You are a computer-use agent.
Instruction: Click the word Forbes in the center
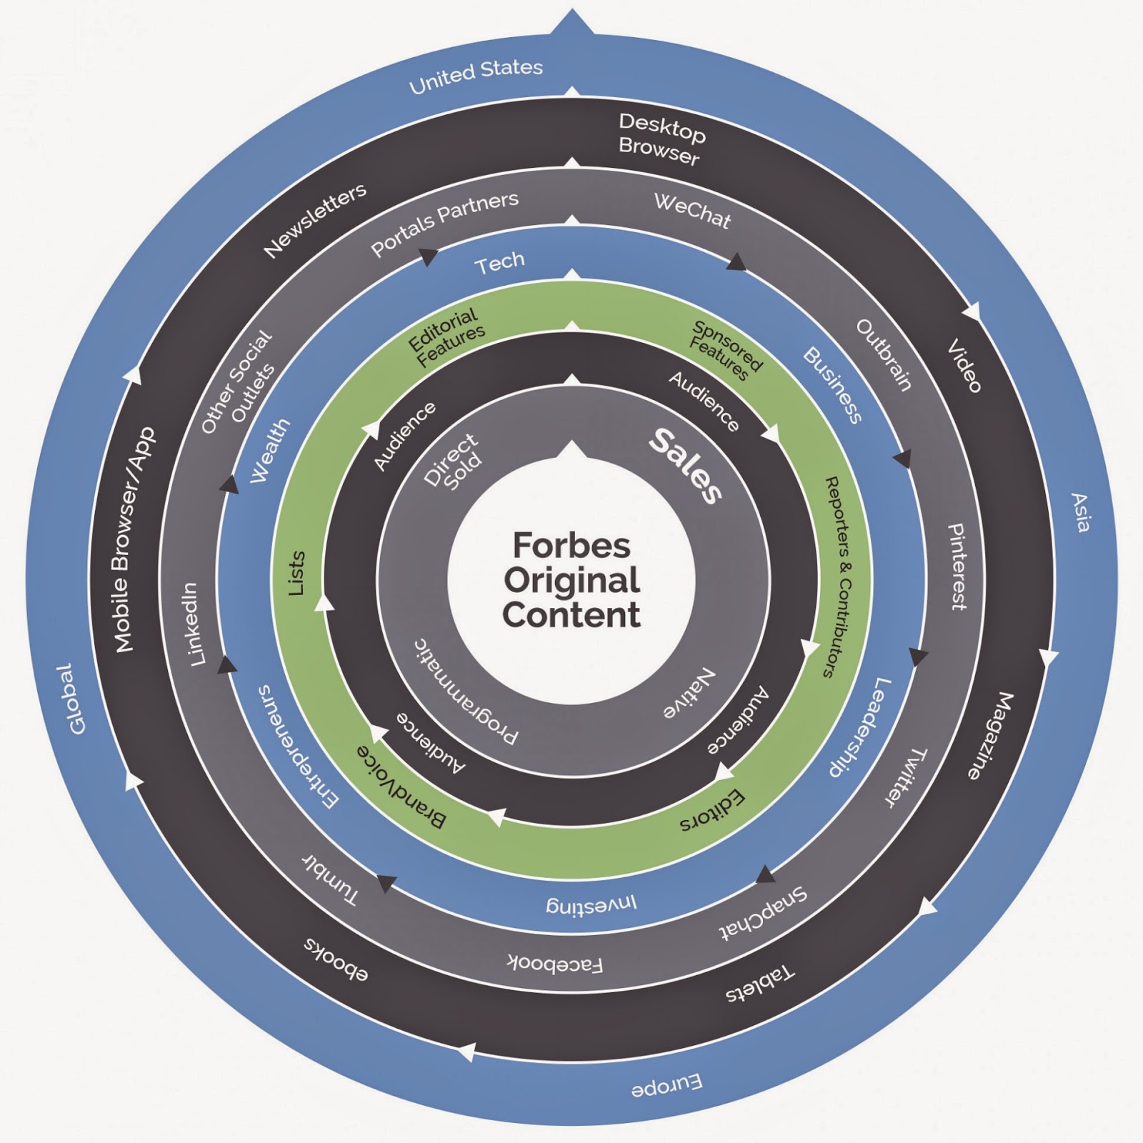(x=571, y=546)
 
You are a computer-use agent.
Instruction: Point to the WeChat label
(x=692, y=211)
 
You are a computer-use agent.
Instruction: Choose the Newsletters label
(x=315, y=219)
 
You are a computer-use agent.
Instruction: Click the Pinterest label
(x=957, y=566)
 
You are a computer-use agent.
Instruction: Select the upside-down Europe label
(x=667, y=1087)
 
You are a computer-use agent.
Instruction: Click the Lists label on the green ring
(x=296, y=573)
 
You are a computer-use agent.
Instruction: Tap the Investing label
(x=592, y=904)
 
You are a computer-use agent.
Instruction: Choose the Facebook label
(x=555, y=964)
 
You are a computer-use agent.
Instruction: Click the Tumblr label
(x=330, y=880)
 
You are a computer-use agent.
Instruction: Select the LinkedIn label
(x=193, y=624)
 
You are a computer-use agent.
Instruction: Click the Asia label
(x=1080, y=512)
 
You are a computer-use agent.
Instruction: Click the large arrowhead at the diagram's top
(x=571, y=21)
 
